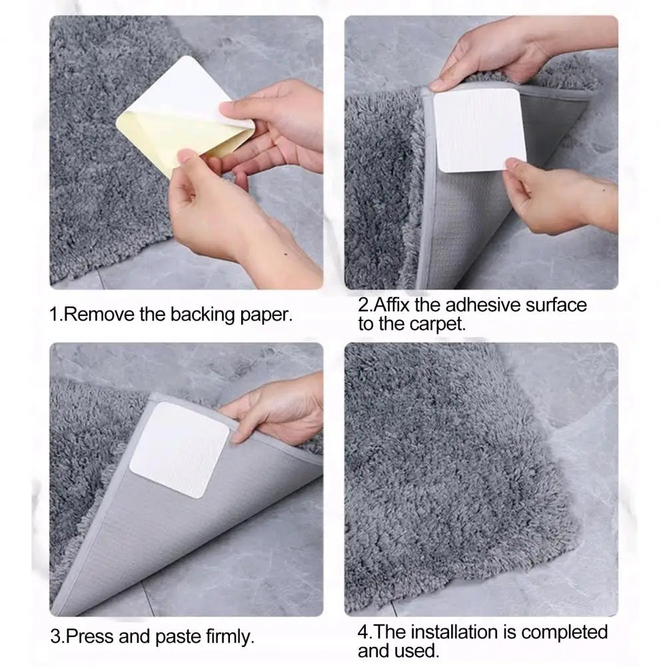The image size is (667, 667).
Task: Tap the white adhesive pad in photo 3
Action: pyautogui.click(x=179, y=450)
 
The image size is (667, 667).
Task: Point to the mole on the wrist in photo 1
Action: pyautogui.click(x=285, y=255)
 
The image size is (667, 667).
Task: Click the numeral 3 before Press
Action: pyautogui.click(x=55, y=637)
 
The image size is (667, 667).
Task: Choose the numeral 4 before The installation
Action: pyautogui.click(x=362, y=632)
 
